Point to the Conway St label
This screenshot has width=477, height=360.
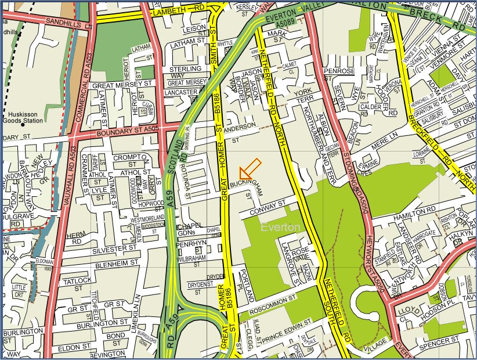point(271,204)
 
